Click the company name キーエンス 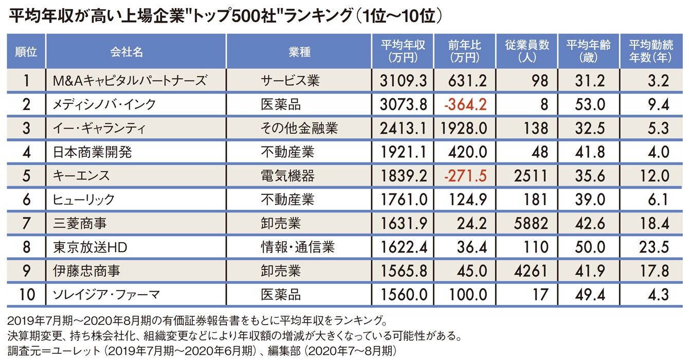pyautogui.click(x=81, y=176)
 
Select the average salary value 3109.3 pyautogui.click(x=404, y=81)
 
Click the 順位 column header pyautogui.click(x=26, y=51)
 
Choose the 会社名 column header pyautogui.click(x=126, y=51)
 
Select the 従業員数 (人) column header pyautogui.click(x=527, y=51)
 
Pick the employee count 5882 pyautogui.click(x=531, y=223)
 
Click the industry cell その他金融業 pyautogui.click(x=299, y=128)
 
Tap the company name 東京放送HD pyautogui.click(x=90, y=247)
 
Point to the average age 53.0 pyautogui.click(x=589, y=104)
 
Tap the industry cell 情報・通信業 pyautogui.click(x=297, y=247)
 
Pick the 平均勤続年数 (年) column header pyautogui.click(x=650, y=51)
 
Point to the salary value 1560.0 pyautogui.click(x=404, y=295)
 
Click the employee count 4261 pyautogui.click(x=531, y=271)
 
